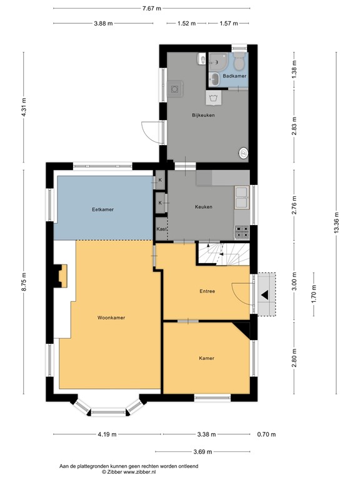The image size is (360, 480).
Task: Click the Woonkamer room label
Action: (111, 317)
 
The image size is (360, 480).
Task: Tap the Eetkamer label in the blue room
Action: (102, 209)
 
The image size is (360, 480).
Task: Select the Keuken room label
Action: (203, 207)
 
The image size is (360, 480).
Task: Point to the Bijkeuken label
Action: (203, 115)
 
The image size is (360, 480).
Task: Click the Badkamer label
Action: (235, 76)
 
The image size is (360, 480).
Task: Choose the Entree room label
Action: (207, 291)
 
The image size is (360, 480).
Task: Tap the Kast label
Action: (161, 229)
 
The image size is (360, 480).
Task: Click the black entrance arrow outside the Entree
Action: (266, 294)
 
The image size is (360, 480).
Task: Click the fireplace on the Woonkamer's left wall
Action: (61, 276)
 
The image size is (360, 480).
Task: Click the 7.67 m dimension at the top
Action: (151, 8)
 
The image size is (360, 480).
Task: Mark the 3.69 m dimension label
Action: (202, 452)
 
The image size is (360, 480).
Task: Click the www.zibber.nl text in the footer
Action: (140, 472)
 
